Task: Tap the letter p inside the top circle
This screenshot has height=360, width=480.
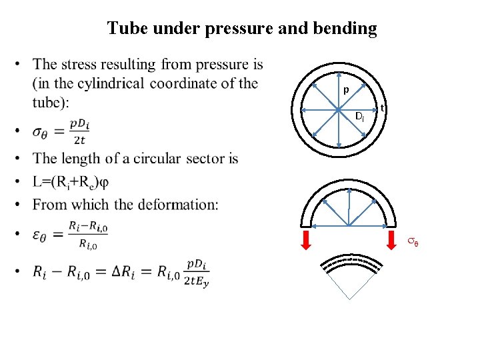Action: coord(345,90)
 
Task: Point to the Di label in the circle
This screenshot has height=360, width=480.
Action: coord(359,117)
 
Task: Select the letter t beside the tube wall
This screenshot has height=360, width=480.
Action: coord(382,109)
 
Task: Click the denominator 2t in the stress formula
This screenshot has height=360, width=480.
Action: coord(79,139)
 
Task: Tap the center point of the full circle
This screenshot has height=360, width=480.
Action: coord(339,109)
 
